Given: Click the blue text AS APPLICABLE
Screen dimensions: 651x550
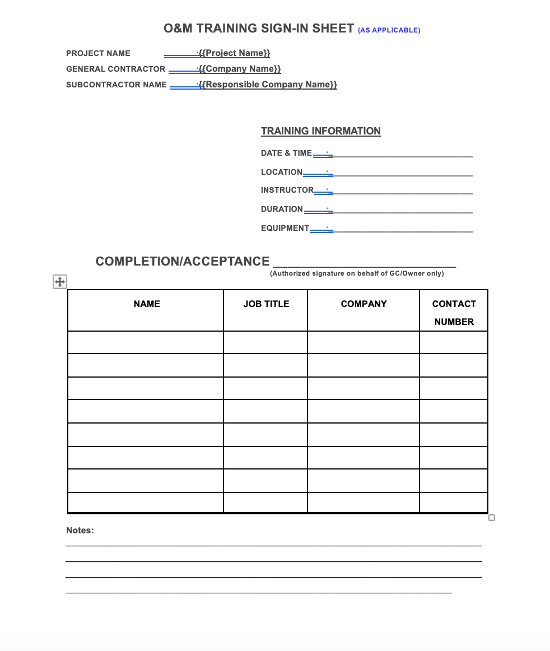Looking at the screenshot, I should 389,30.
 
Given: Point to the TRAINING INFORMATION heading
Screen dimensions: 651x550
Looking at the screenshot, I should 320,131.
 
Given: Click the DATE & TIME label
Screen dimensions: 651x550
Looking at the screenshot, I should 286,153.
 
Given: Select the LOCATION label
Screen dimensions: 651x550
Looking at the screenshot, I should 281,172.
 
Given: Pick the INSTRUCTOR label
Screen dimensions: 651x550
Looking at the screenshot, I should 287,190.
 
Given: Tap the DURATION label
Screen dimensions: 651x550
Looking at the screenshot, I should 282,209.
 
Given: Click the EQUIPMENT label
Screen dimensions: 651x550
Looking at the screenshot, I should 285,228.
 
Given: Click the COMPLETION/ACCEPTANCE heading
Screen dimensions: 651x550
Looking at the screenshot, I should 183,262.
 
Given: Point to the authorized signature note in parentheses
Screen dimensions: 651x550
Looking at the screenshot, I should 357,273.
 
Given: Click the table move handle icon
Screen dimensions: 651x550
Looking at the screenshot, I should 59,282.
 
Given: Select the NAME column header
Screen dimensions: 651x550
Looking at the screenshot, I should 147,304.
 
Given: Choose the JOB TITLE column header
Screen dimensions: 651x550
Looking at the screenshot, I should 266,304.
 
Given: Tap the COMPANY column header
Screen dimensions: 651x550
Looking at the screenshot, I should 363,304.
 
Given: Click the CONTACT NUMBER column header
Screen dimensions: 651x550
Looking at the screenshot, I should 454,313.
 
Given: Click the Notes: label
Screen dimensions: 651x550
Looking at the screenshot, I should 80,530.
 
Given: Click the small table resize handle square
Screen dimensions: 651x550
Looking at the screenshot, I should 492,518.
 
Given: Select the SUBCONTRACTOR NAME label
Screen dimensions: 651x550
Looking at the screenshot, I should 116,85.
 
